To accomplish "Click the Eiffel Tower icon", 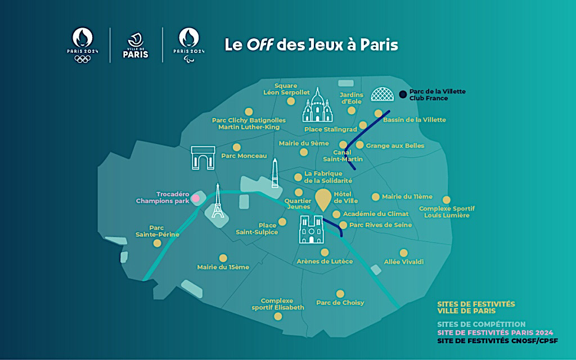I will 217,202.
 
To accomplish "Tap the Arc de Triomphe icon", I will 202,157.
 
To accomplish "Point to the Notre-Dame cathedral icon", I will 311,229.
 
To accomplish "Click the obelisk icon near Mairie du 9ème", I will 274,173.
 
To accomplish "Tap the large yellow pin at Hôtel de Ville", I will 323,200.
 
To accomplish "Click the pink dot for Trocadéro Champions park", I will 196,198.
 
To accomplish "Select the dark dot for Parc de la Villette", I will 403,94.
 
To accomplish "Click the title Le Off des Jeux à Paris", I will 311,45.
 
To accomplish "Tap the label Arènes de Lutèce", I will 325,262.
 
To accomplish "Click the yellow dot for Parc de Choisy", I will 340,294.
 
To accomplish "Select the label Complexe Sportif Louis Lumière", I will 444,211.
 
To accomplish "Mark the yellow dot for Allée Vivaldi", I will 403,253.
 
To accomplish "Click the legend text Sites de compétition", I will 481,325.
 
